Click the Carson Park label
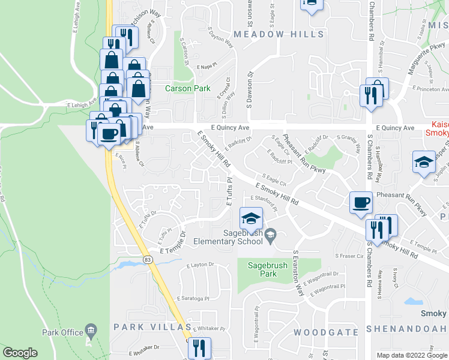(x=188, y=89)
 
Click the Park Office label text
(x=62, y=332)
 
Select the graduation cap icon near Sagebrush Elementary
(x=251, y=217)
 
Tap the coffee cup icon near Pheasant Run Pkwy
(x=361, y=202)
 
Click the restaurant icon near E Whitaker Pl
(x=199, y=347)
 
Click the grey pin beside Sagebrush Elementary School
(x=271, y=235)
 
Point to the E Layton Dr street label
(x=200, y=265)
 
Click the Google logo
(x=20, y=353)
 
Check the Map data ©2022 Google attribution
(x=411, y=355)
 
